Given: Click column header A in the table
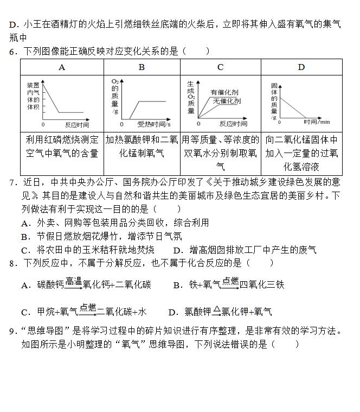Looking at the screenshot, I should pyautogui.click(x=62, y=67).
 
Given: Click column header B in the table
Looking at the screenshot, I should pyautogui.click(x=142, y=67).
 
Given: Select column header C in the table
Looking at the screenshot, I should pyautogui.click(x=220, y=67).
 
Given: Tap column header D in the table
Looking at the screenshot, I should pyautogui.click(x=301, y=67).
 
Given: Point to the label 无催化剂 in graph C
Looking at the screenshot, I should pyautogui.click(x=227, y=101).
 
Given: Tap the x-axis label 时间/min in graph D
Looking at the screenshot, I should pyautogui.click(x=317, y=122).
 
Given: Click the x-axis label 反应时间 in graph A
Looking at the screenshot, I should pyautogui.click(x=76, y=124).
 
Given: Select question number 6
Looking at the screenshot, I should pyautogui.click(x=12, y=52).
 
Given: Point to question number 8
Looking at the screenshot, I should pyautogui.click(x=12, y=263).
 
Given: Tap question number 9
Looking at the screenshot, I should pyautogui.click(x=12, y=331).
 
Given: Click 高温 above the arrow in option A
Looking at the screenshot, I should pyautogui.click(x=73, y=281).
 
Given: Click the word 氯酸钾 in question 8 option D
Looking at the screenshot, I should pyautogui.click(x=197, y=312).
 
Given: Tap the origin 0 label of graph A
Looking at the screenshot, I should pyautogui.click(x=43, y=124).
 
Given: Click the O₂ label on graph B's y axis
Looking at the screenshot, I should pyautogui.click(x=114, y=81).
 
